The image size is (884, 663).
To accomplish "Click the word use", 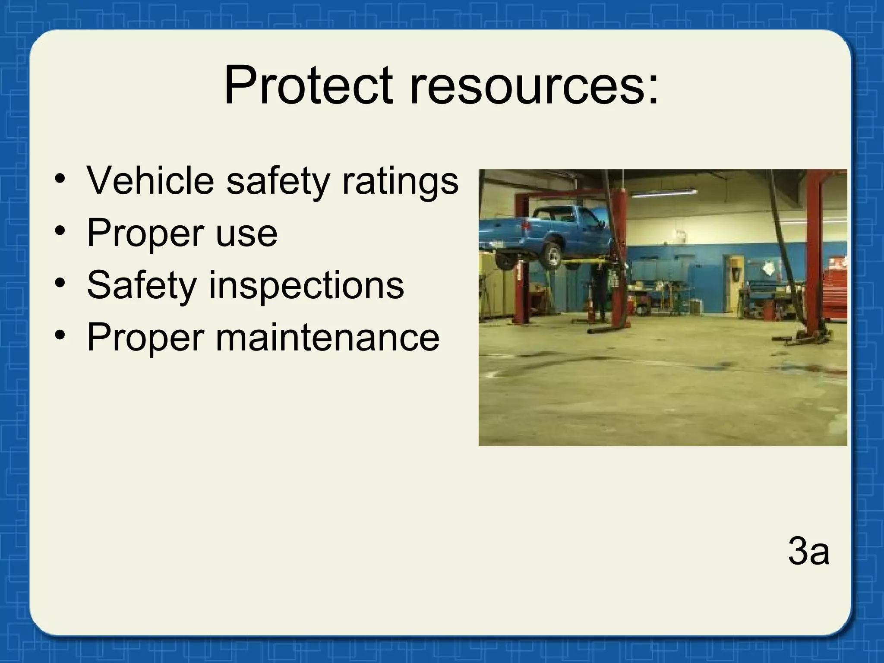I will [x=246, y=234].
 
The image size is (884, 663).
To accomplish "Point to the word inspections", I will [x=306, y=285].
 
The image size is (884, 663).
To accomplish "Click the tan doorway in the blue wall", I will [x=734, y=283].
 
